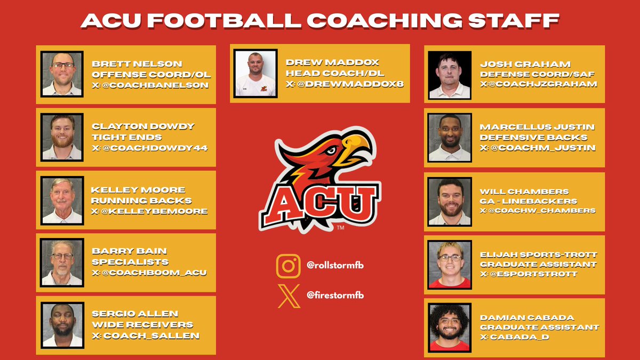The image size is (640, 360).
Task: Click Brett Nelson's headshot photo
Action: (x=62, y=74)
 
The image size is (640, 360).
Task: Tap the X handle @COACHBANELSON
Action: (x=150, y=85)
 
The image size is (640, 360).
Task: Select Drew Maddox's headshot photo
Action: (x=255, y=74)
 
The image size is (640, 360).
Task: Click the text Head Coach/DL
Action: (x=335, y=73)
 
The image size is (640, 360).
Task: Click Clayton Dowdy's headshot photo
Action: (x=62, y=137)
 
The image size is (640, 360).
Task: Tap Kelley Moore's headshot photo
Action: (x=62, y=200)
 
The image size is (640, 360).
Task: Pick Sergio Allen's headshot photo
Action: (x=62, y=325)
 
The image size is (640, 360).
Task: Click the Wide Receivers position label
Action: (x=142, y=325)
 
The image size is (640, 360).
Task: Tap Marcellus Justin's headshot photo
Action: (x=450, y=138)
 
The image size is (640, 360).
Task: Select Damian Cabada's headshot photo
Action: (x=450, y=327)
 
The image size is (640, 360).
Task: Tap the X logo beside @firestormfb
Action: (x=288, y=295)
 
